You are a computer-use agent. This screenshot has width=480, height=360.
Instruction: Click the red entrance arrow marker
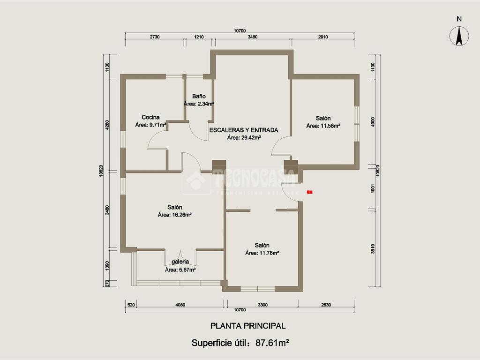coord(309,192)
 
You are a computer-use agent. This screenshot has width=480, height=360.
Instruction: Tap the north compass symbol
coord(459,36)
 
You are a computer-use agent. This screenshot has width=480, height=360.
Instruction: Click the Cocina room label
coord(150,117)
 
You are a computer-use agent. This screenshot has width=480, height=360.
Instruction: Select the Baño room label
coord(199,96)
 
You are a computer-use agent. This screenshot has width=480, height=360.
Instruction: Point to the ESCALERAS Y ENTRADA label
coord(244,130)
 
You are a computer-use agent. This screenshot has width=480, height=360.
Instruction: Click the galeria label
coord(180,262)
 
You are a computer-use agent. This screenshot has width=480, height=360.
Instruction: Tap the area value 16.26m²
coord(182,215)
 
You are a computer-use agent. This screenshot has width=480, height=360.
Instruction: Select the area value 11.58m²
coord(330,126)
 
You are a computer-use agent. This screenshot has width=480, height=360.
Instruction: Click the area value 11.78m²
coord(269,253)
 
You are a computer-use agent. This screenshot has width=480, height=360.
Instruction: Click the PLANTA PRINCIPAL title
coord(248,326)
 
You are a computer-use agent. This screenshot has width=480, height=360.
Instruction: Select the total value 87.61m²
coord(272,343)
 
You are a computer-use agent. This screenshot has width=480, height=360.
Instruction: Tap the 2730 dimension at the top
coord(155,37)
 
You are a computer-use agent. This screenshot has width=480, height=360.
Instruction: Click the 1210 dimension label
coord(199,37)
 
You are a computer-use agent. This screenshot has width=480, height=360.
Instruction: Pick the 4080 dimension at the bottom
coord(180,305)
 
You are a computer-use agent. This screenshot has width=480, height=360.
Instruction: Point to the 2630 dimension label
coord(326,305)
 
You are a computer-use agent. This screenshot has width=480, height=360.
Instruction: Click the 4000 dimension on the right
coord(373,122)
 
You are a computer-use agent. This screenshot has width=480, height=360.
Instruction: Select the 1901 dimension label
coord(373,188)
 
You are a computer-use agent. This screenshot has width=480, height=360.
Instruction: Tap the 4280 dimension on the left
coord(107,125)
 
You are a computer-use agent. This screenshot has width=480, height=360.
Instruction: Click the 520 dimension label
coord(131,305)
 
